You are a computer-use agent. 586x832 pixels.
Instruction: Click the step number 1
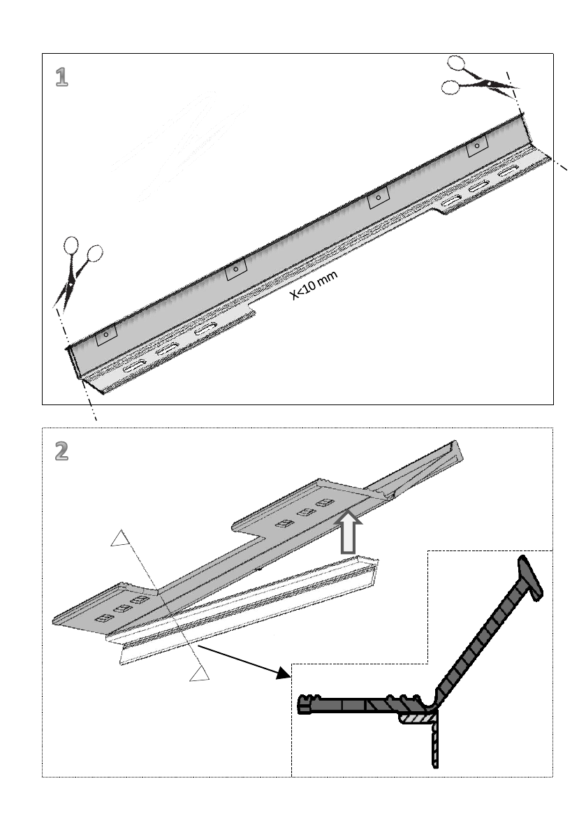[62, 77]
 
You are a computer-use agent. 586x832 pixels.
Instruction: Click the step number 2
[62, 451]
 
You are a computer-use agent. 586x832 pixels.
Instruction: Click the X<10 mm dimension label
[314, 286]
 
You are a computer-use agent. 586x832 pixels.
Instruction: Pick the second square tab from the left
[236, 269]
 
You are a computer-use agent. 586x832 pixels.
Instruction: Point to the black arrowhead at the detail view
[283, 673]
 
